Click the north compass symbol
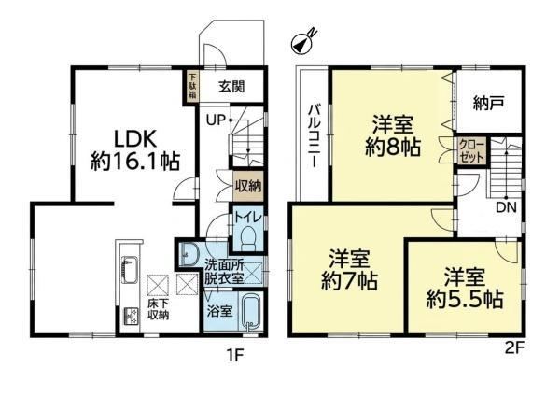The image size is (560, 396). click(302, 43)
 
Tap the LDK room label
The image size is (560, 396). click(134, 139)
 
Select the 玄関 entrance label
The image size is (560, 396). click(231, 87)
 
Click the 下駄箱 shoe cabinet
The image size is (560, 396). click(192, 86)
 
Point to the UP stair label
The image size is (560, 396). click(216, 120)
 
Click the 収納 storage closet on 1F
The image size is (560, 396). click(248, 186)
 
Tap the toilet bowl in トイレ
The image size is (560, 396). click(248, 238)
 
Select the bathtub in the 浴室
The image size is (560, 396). click(252, 311)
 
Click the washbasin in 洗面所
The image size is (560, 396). click(189, 254)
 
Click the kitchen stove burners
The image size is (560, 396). click(132, 316)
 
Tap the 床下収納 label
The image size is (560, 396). click(159, 309)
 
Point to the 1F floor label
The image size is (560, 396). click(234, 356)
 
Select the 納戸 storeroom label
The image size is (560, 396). click(488, 104)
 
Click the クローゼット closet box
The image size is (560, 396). click(471, 151)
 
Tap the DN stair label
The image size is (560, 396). click(506, 207)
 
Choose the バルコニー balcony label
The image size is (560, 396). click(315, 135)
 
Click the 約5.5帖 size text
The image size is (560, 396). click(465, 300)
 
